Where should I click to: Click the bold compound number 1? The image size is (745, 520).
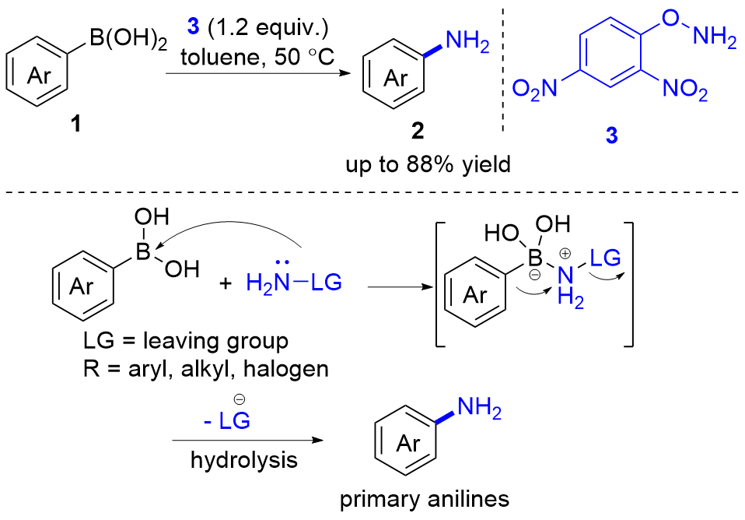click(75, 125)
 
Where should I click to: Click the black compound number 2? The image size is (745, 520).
click(418, 131)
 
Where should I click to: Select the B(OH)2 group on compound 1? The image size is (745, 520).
click(128, 39)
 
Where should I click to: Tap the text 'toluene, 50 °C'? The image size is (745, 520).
click(257, 58)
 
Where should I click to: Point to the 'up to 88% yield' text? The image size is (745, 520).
click(428, 164)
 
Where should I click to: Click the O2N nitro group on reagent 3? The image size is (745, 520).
click(535, 89)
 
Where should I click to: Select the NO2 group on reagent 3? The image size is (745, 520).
click(685, 89)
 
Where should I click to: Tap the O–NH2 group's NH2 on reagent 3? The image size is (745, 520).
click(715, 36)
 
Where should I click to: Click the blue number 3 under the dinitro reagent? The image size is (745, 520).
click(611, 135)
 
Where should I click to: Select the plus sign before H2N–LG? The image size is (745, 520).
click(226, 283)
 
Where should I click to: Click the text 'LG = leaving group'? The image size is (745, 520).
click(186, 341)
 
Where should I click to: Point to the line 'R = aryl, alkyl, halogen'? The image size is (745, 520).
click(206, 369)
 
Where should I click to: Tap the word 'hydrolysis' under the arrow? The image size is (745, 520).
click(244, 460)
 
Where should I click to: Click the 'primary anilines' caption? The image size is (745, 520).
click(425, 500)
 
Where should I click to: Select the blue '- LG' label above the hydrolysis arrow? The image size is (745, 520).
click(226, 420)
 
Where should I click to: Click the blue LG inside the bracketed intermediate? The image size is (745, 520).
click(605, 258)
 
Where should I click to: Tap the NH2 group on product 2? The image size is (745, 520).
click(467, 41)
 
